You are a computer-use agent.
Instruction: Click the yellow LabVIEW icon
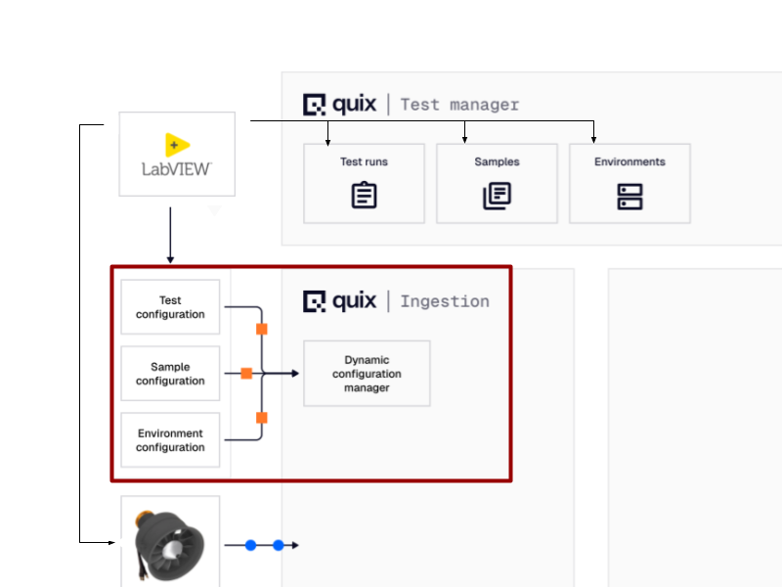coord(177,145)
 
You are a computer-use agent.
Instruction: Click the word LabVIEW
coord(177,168)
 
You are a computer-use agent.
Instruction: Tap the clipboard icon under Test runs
coord(364,196)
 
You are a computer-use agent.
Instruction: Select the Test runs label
coord(364,162)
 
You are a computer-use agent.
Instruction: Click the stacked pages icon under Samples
coord(497,196)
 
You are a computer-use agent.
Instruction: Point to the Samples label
coord(497,162)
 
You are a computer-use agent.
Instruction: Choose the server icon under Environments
coord(630,196)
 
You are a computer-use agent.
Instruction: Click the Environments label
coord(630,162)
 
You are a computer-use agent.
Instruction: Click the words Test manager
coord(459,105)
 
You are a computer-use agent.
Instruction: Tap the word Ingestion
coord(445,301)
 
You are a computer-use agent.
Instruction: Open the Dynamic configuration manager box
coord(367,374)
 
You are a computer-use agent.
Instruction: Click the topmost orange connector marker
coord(262,330)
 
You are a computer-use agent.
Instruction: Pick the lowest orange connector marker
coord(262,419)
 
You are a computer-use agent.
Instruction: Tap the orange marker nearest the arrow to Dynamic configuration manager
coord(247,374)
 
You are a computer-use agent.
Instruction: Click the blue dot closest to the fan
coord(250,545)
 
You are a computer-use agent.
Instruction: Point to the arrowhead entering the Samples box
coord(464,140)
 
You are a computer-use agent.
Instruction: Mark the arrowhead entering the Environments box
coord(594,140)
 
